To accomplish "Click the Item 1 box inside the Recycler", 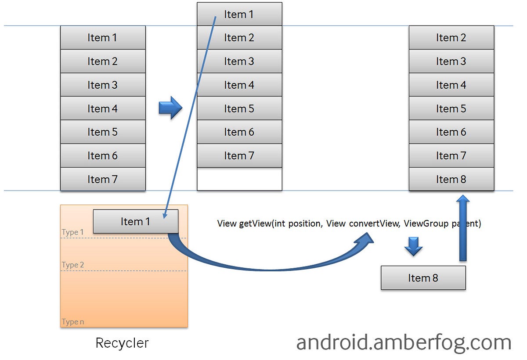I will pos(135,221).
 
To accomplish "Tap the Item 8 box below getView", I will pos(423,278).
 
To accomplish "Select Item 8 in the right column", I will pos(451,179).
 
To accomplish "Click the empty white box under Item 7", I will pos(239,179).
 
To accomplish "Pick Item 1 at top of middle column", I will pos(239,14).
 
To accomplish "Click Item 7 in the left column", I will pos(102,179).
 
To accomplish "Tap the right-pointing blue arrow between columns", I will pos(170,108).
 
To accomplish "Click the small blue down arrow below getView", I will pos(413,247).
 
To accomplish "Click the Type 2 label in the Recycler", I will pos(73,265).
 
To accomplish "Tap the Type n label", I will pos(73,322).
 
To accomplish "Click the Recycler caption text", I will pos(122,343).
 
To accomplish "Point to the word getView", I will pos(255,223).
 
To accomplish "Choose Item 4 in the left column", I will pos(102,108).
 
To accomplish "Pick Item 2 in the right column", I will pos(451,38).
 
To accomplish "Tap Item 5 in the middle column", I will pos(239,108).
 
